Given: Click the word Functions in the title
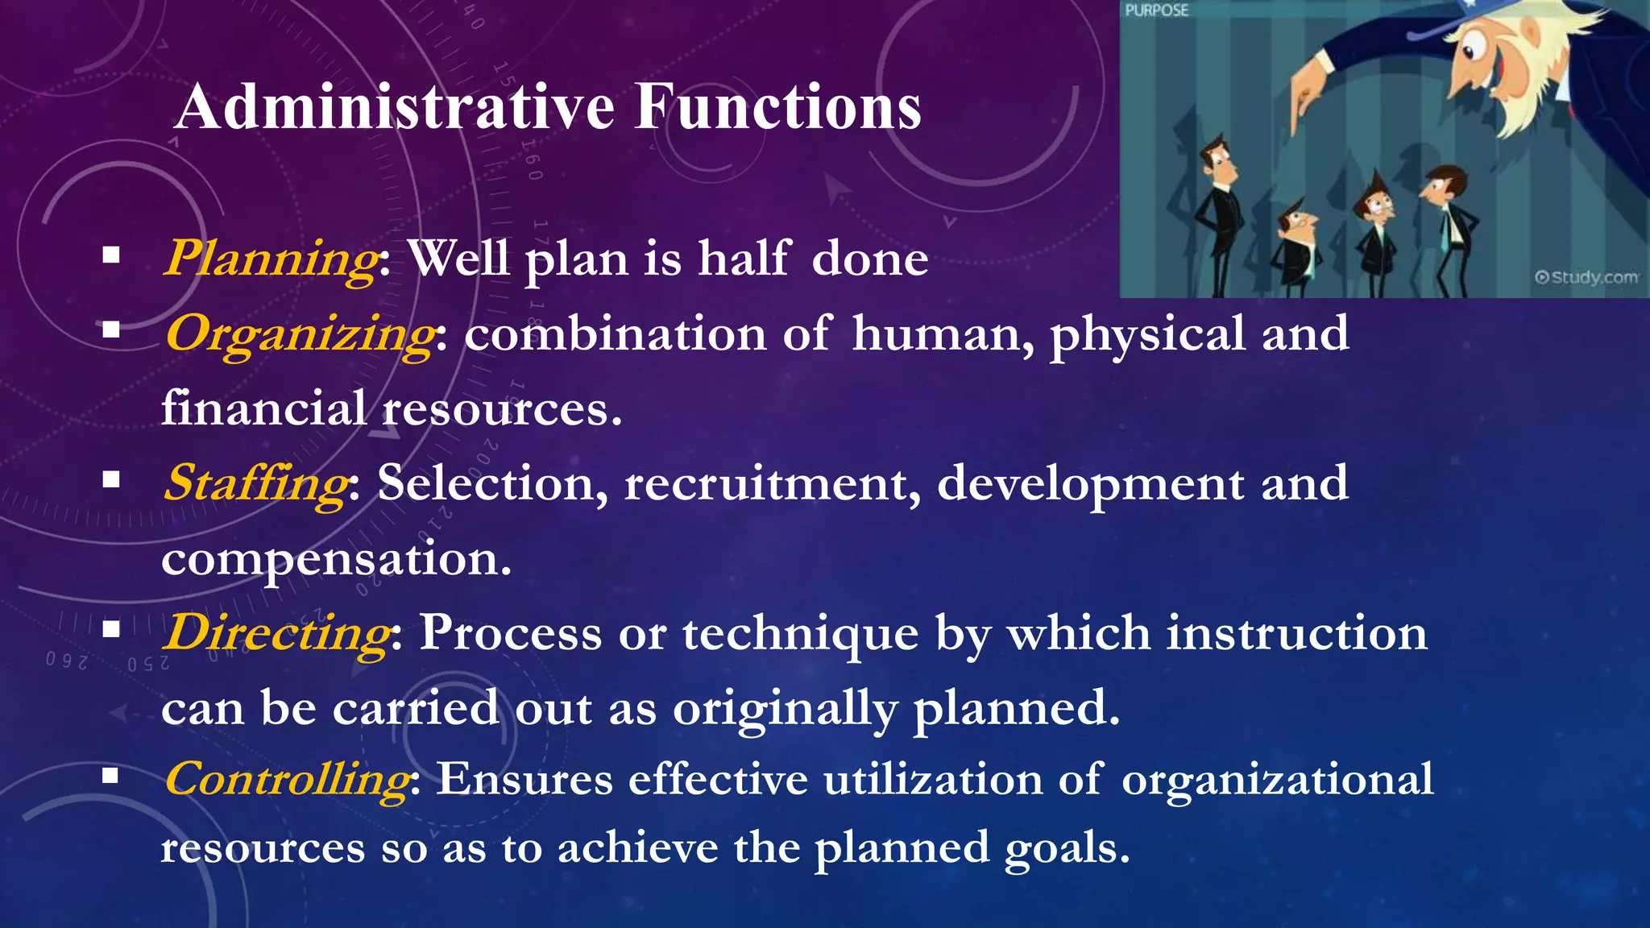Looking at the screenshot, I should coord(777,107).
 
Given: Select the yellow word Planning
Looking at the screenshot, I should coord(271,259).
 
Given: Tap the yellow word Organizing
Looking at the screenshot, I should coord(300,334).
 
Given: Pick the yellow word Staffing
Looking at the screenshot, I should coord(256,484).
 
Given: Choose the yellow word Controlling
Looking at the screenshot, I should coord(287,780).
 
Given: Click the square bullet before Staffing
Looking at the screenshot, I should coord(111,480).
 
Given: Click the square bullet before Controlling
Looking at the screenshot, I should coord(111,776).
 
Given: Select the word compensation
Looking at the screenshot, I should coord(335,559).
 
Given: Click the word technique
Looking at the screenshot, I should coord(800,634).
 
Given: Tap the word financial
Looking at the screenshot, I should coord(263,408).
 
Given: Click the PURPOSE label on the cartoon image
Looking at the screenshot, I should coord(1156,10).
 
